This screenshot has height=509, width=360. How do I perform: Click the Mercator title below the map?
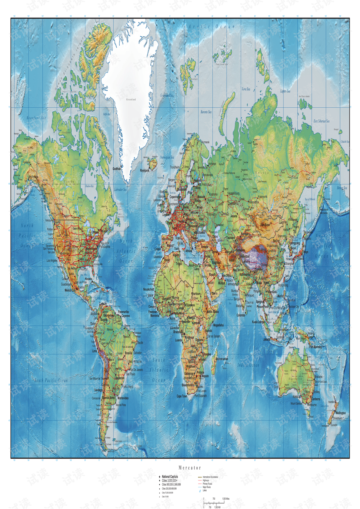point(190,468)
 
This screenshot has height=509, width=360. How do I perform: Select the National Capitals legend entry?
point(170,477)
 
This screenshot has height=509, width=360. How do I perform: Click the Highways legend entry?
point(206,480)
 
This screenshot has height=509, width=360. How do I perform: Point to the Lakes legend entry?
point(205,490)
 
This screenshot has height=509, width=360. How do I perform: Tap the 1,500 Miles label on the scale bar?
point(226,499)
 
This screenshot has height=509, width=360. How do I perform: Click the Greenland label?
point(131,99)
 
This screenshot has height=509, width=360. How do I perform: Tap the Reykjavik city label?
point(145,170)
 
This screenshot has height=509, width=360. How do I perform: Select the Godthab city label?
point(117,169)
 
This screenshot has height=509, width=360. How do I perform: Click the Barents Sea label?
point(206,112)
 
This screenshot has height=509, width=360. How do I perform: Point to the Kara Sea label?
point(246,89)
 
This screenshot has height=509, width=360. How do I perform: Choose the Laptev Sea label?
point(285,91)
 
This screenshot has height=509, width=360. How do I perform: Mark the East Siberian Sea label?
point(321,121)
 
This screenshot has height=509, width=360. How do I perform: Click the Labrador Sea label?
point(120,189)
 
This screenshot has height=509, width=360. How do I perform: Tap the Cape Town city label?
point(182,396)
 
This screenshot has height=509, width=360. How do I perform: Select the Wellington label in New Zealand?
point(340,413)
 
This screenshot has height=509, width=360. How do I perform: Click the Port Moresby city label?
point(315,347)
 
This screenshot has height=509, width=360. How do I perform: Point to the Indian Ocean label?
point(248,365)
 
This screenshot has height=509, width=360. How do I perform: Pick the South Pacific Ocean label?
point(51,380)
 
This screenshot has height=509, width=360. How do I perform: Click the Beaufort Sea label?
point(36,118)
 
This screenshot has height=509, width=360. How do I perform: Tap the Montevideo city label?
point(123,398)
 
